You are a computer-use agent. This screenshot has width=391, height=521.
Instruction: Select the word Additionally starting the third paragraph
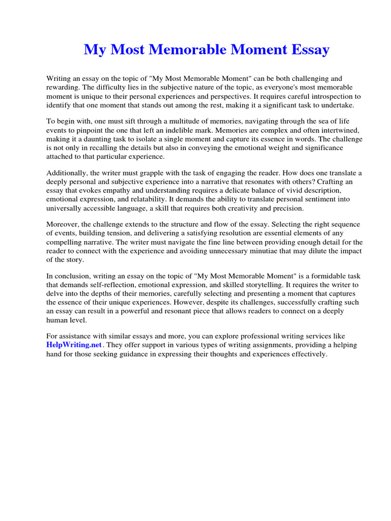click(68, 172)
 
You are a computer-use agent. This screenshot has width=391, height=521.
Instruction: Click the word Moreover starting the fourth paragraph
click(64, 224)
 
